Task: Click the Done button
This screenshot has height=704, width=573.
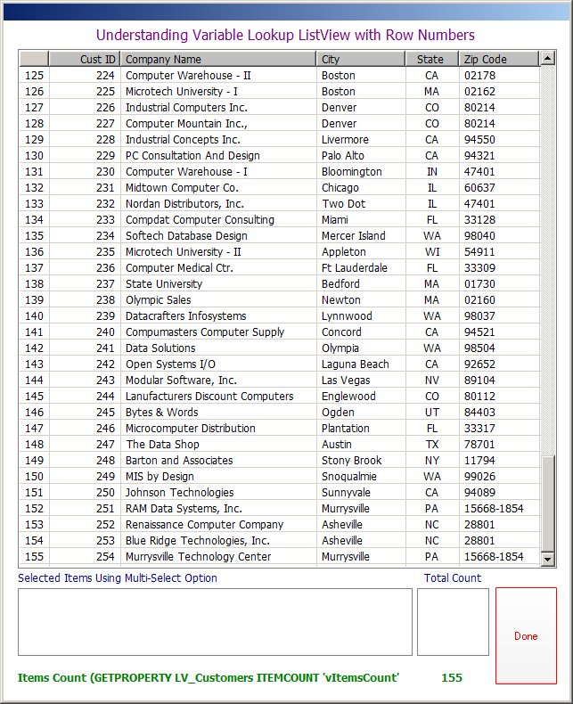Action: pos(526,635)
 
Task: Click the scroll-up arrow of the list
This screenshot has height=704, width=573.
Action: pos(547,60)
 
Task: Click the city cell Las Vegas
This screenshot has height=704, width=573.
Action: pos(346,381)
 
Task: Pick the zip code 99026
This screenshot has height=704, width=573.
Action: pos(480,477)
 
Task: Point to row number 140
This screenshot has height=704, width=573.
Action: pos(35,316)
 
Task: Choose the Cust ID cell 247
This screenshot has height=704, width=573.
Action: pos(105,445)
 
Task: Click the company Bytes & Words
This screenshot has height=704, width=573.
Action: pos(161,413)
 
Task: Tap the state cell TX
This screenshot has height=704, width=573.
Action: pos(431,445)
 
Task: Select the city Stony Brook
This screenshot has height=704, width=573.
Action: pos(351,461)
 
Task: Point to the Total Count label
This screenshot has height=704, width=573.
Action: pos(452,578)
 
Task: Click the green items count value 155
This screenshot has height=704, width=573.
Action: pos(452,678)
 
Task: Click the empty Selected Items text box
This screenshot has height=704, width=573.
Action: pos(215,621)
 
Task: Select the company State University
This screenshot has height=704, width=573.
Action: pos(164,284)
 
